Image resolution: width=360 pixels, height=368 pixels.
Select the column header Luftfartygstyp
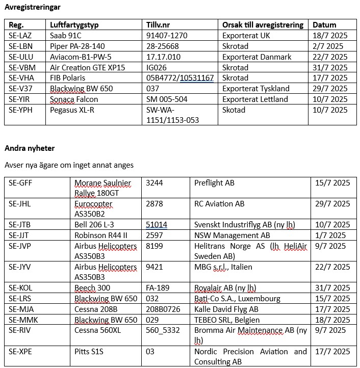coord(75,24)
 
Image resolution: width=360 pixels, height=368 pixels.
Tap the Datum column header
coord(324,24)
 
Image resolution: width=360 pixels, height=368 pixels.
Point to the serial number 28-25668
coord(163,46)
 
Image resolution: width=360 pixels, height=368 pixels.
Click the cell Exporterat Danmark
coord(257,57)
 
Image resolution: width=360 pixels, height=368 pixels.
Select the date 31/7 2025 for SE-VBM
coord(330,68)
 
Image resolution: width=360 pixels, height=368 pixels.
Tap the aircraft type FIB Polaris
coord(68,78)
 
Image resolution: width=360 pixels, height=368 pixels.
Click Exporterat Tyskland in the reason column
coord(255,89)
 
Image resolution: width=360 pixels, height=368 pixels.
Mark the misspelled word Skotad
coord(234,110)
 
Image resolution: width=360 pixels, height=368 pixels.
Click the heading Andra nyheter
coord(30,148)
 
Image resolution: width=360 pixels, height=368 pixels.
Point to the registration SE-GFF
coord(20,182)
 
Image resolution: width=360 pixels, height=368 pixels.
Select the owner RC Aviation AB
coord(219,204)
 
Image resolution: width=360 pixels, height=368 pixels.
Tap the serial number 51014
coord(157,225)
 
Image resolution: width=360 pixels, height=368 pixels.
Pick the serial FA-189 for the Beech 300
coord(158,288)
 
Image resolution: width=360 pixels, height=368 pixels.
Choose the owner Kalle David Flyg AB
coord(226,309)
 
